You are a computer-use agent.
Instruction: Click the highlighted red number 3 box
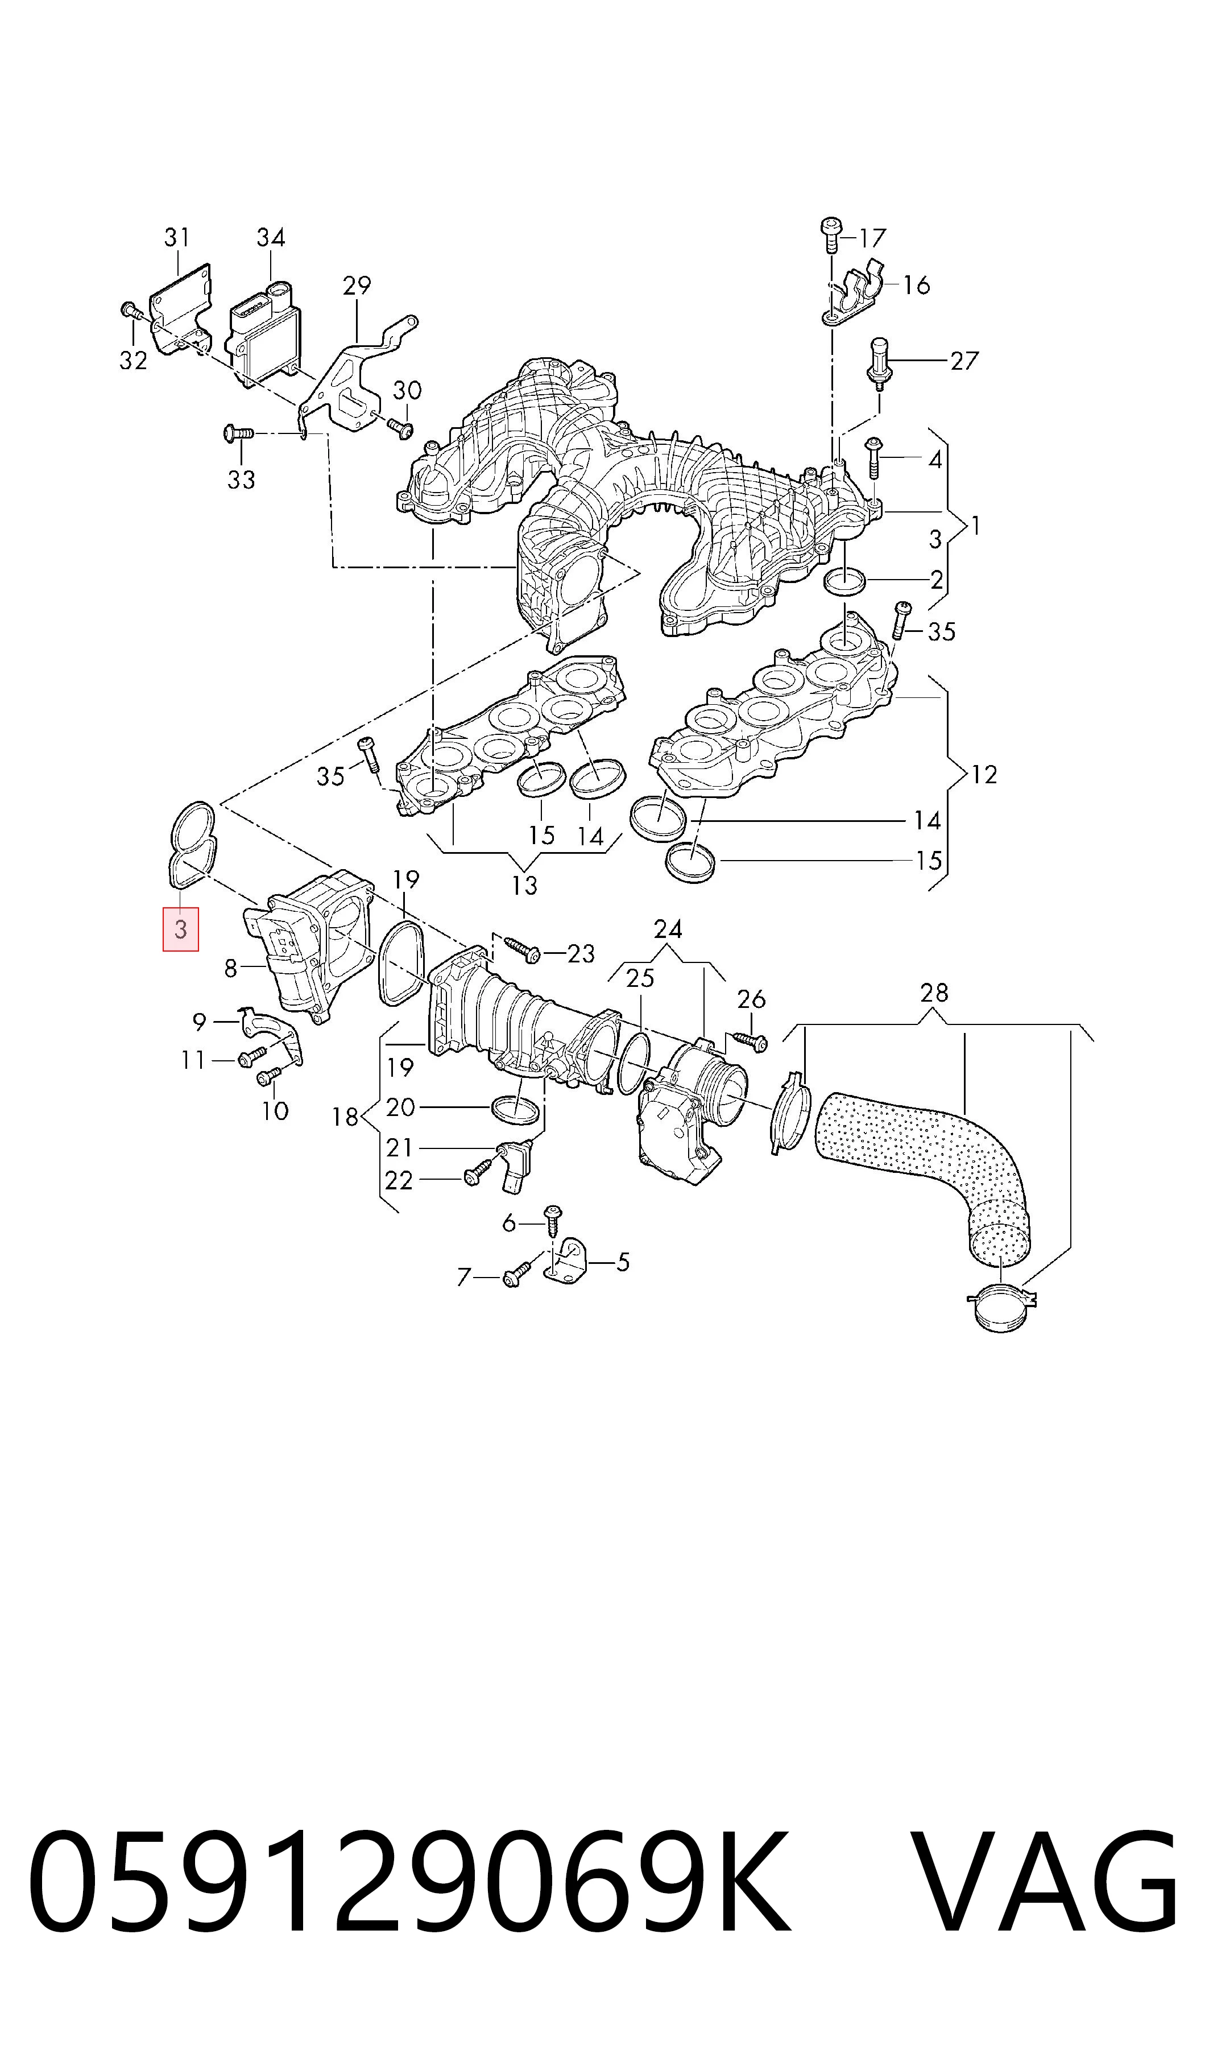pyautogui.click(x=181, y=929)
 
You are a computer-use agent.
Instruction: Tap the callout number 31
pyautogui.click(x=177, y=237)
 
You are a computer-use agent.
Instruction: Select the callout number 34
pyautogui.click(x=271, y=237)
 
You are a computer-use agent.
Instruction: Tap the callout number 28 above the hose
pyautogui.click(x=934, y=993)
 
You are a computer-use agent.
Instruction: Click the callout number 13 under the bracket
pyautogui.click(x=525, y=885)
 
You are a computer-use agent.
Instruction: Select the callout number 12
pyautogui.click(x=984, y=774)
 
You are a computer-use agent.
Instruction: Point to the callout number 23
pyautogui.click(x=581, y=953)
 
